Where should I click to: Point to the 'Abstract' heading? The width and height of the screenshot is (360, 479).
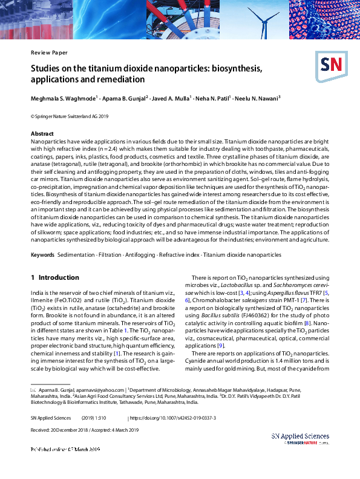coord(43,133)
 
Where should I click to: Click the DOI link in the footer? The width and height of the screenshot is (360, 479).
coord(172,418)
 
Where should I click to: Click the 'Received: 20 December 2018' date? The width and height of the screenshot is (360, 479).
coord(61,430)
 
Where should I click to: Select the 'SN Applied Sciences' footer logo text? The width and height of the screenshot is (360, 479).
coord(300,437)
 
